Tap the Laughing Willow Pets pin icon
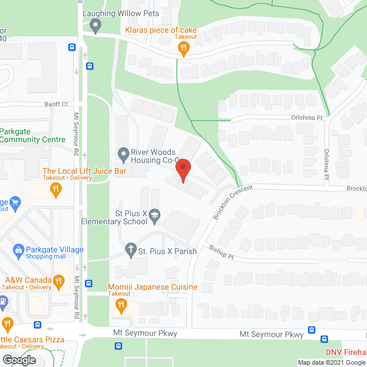(96, 25)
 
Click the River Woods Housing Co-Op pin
(122, 154)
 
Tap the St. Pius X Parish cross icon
(131, 250)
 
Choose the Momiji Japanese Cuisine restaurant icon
(122, 305)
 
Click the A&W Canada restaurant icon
(58, 281)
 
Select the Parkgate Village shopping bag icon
(19, 251)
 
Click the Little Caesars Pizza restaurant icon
(7, 324)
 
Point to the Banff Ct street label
(56, 104)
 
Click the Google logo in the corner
(18, 360)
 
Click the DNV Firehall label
(346, 352)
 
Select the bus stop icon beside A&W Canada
(89, 283)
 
